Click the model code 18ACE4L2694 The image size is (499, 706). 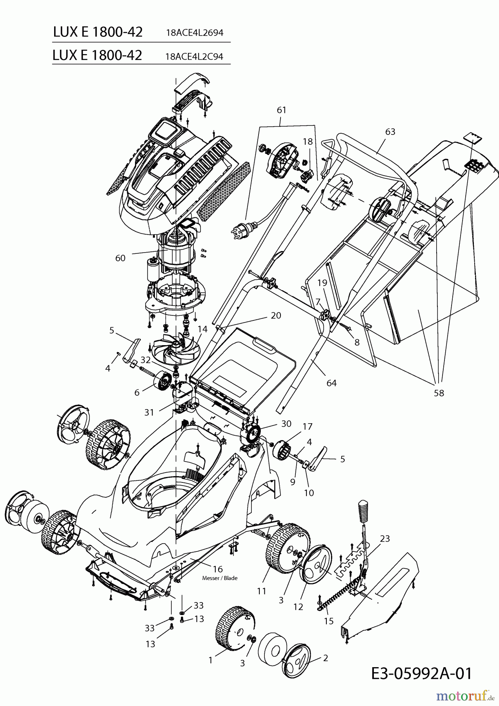click(x=195, y=33)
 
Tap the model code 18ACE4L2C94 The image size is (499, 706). click(x=194, y=56)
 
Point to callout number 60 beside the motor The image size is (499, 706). click(x=120, y=258)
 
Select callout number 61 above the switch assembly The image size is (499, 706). click(x=282, y=110)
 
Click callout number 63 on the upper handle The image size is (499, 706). click(x=390, y=132)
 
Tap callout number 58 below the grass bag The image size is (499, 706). click(x=439, y=393)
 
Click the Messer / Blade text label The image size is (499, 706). click(x=220, y=578)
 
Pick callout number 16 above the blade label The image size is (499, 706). click(x=218, y=569)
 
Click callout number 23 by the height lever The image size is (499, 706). click(x=385, y=539)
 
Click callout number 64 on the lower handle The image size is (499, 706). click(x=331, y=383)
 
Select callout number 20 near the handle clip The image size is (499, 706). click(x=276, y=315)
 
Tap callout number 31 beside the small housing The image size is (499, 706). click(x=149, y=412)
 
